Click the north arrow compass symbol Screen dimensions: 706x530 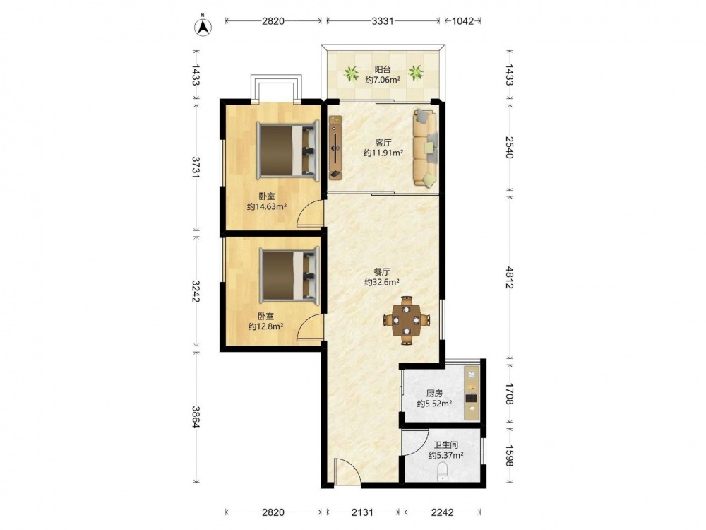[x=203, y=26]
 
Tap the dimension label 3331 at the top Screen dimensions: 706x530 [x=383, y=20]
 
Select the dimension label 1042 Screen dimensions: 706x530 [x=462, y=20]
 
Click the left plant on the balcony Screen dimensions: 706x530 [x=351, y=73]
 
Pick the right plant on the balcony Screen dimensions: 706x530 [x=416, y=73]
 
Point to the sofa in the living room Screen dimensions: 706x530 [x=425, y=148]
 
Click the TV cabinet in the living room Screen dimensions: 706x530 [x=335, y=147]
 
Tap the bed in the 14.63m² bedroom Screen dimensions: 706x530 [x=288, y=150]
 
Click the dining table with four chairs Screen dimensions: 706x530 [x=407, y=320]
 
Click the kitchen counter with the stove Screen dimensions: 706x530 [x=472, y=392]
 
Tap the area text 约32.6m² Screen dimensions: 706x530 [x=382, y=283]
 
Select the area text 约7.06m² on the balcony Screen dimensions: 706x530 [x=383, y=81]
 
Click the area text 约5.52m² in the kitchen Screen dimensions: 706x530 [x=434, y=404]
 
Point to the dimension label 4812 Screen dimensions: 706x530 [x=509, y=277]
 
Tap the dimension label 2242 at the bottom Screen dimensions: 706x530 [x=442, y=512]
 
